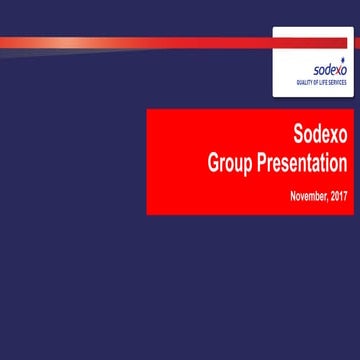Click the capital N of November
[x=292, y=194]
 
